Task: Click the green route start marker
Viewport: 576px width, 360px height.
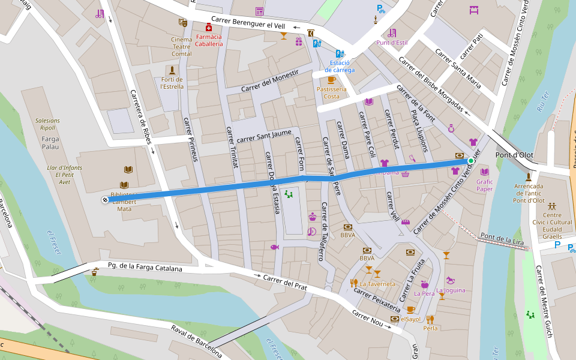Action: point(471,161)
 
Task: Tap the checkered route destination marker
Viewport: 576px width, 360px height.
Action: point(106,200)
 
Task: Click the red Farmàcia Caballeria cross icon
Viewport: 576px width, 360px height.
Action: point(209,28)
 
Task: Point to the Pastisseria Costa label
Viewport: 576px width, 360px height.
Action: point(331,93)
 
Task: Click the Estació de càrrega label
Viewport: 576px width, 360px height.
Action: point(340,66)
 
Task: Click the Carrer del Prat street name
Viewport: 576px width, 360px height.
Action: point(285,282)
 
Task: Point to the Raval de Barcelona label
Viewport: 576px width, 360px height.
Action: point(196,341)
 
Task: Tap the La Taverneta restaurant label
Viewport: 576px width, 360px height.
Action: point(377,283)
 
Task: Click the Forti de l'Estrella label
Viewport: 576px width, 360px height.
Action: point(172,83)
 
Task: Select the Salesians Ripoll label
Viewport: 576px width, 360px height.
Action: point(47,124)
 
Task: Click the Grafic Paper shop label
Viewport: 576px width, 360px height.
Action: point(484,185)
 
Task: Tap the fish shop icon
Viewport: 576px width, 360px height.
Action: point(274,247)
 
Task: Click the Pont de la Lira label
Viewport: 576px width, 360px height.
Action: point(502,239)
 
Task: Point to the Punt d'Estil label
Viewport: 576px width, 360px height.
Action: point(392,43)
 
